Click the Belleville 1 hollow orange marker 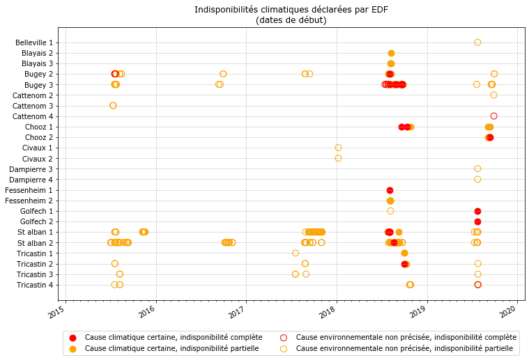pyautogui.click(x=477, y=42)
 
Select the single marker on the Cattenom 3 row pyautogui.click(x=113, y=105)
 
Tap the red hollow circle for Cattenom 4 pyautogui.click(x=493, y=116)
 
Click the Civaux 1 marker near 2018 pyautogui.click(x=338, y=148)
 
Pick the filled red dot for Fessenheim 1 pyautogui.click(x=390, y=190)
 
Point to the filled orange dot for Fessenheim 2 pyautogui.click(x=390, y=201)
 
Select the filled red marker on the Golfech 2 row pyautogui.click(x=477, y=221)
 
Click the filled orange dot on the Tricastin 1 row pyautogui.click(x=404, y=253)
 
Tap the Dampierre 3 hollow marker pyautogui.click(x=477, y=169)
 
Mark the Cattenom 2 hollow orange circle pyautogui.click(x=493, y=95)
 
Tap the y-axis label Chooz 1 pyautogui.click(x=38, y=127)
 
